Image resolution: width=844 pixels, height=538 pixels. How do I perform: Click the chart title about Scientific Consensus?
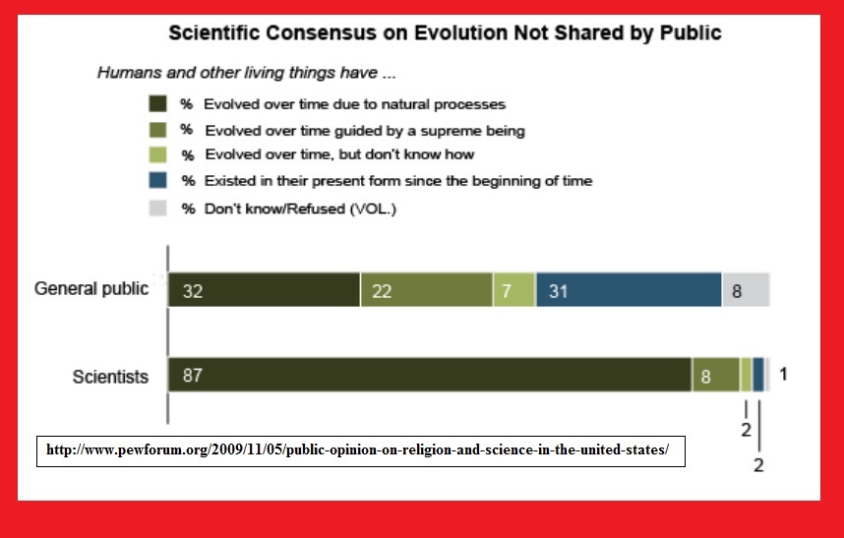click(445, 32)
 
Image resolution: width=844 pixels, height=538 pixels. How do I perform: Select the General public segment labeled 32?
click(264, 290)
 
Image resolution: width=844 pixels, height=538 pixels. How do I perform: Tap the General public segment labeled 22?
click(426, 290)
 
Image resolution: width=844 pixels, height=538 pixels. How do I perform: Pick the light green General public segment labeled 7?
click(514, 290)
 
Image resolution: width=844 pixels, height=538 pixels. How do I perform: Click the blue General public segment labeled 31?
click(629, 290)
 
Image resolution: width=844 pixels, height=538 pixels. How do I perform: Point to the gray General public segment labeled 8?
click(746, 290)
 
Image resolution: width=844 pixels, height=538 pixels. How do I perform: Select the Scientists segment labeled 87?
click(430, 375)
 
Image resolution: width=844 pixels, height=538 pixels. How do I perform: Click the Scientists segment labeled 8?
click(716, 375)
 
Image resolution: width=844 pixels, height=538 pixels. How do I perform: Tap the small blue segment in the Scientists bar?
click(757, 375)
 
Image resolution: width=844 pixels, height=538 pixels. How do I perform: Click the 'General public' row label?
click(90, 289)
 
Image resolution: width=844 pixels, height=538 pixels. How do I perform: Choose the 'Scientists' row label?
click(110, 377)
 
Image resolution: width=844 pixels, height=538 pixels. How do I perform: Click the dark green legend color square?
click(157, 103)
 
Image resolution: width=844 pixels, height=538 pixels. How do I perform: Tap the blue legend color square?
click(157, 180)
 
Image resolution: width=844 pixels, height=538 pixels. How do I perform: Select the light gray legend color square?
click(157, 208)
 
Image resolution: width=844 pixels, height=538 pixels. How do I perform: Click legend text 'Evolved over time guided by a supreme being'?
click(365, 131)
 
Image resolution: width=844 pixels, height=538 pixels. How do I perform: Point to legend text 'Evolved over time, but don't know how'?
click(339, 155)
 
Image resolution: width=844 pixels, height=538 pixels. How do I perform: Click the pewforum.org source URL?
click(357, 449)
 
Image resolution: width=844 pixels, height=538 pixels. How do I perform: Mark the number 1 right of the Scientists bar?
click(783, 374)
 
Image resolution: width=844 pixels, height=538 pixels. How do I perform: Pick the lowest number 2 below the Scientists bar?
click(758, 465)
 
